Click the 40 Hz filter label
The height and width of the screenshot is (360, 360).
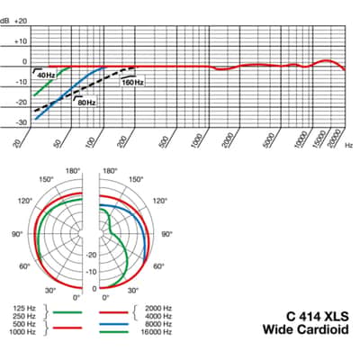click(x=46, y=76)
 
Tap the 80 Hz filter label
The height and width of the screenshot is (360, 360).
click(x=86, y=103)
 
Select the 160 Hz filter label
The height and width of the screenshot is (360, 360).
click(x=132, y=82)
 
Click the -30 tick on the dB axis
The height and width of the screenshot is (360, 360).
click(x=21, y=122)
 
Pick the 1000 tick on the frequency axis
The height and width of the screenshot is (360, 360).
click(x=197, y=140)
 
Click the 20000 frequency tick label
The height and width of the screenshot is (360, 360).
click(x=334, y=139)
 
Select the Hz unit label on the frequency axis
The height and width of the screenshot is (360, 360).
click(x=348, y=145)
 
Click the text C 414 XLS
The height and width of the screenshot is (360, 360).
click(x=318, y=316)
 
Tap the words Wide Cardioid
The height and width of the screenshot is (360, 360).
click(x=306, y=329)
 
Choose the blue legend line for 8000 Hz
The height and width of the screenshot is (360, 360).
click(x=113, y=324)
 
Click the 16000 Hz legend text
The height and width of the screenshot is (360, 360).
click(x=157, y=332)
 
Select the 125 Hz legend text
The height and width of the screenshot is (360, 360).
click(x=24, y=308)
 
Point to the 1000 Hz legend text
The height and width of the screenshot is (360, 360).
click(x=22, y=332)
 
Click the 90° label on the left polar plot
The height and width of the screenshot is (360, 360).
click(x=17, y=234)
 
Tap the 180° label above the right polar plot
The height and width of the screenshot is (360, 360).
click(x=110, y=171)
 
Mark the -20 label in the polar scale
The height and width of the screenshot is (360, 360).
click(x=91, y=255)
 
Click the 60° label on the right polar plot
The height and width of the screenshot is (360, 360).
click(x=158, y=266)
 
